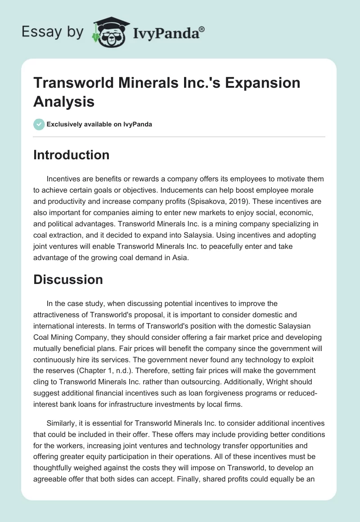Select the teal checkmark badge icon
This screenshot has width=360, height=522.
(39, 124)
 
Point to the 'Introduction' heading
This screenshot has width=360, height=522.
(71, 155)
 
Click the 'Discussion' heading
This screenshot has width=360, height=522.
(68, 279)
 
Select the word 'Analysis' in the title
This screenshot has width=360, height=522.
(64, 101)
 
